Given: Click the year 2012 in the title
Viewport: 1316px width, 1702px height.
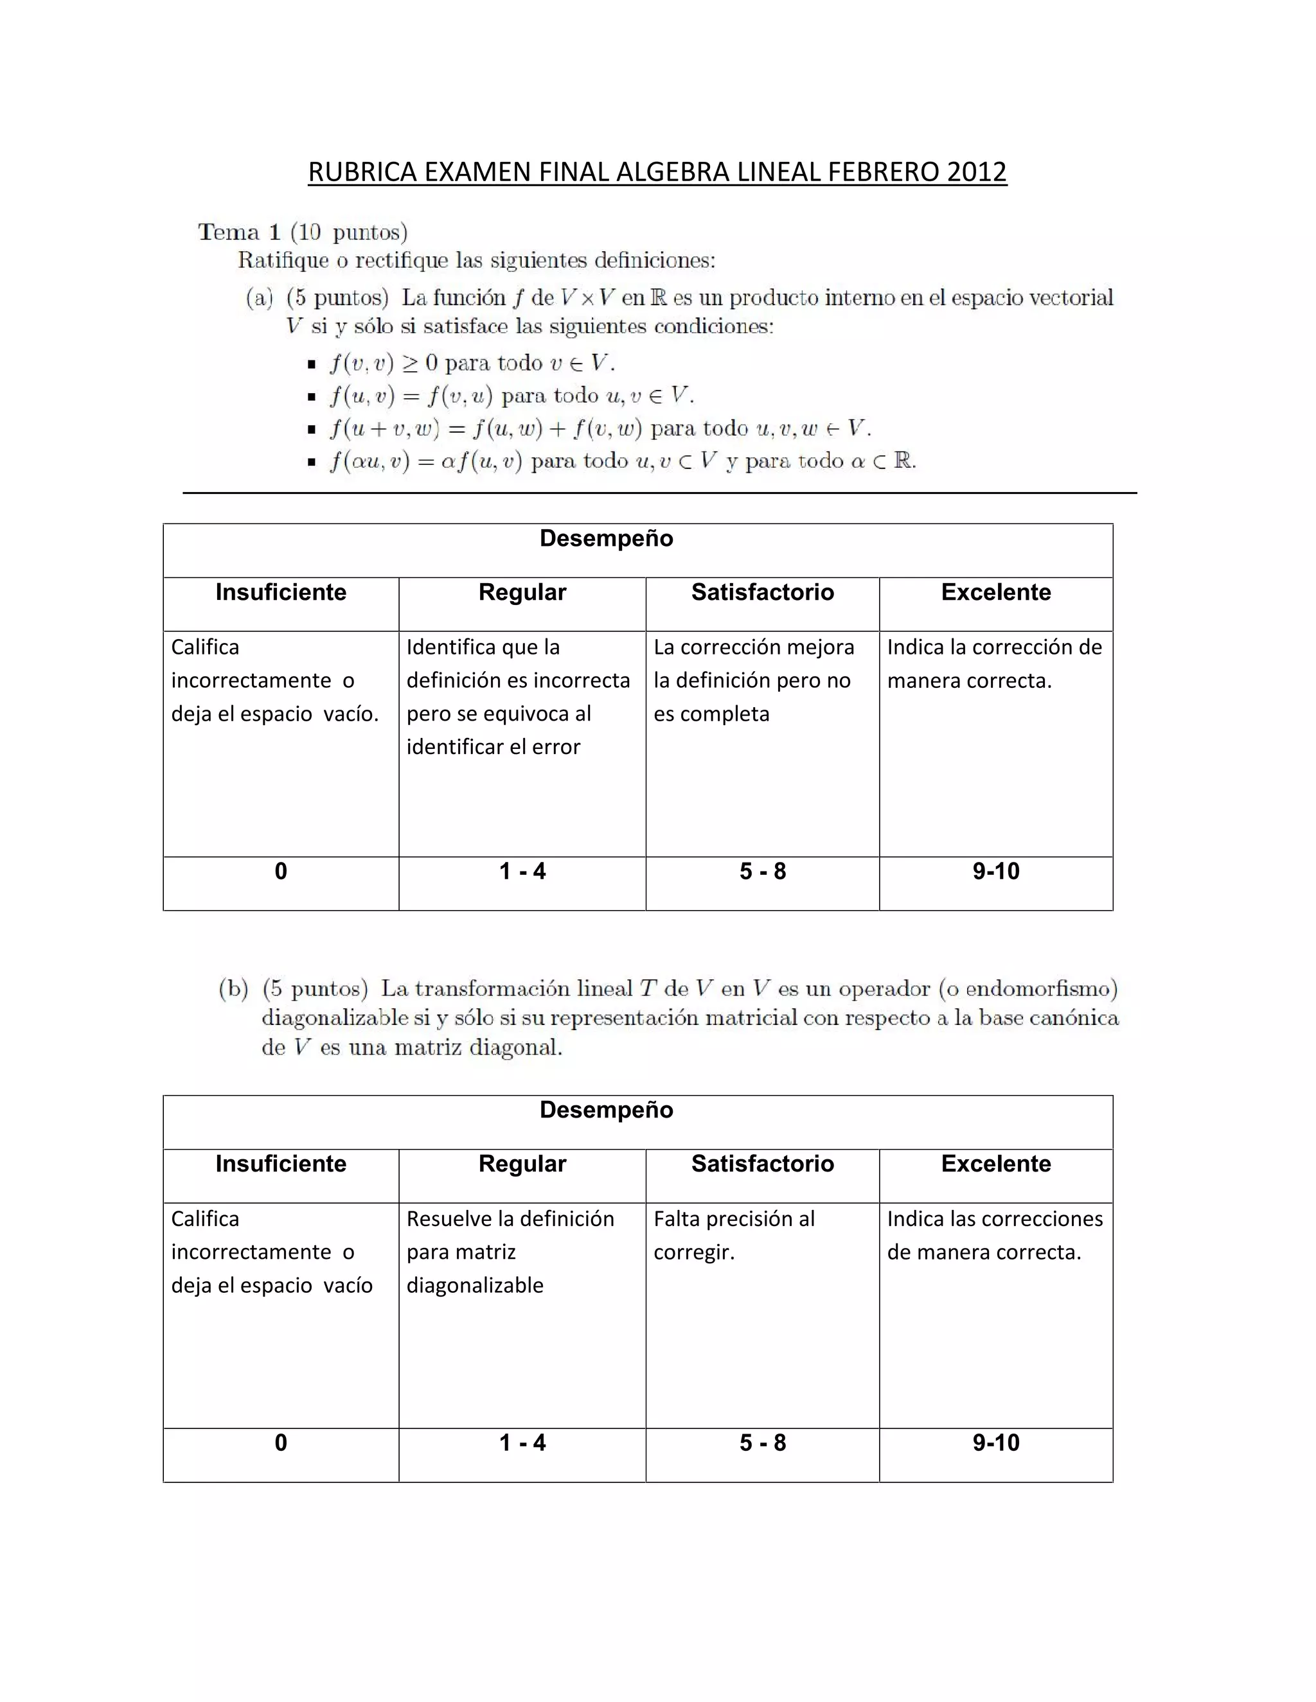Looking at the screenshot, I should click(x=977, y=171).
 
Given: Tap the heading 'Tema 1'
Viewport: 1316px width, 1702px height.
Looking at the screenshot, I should click(x=238, y=232).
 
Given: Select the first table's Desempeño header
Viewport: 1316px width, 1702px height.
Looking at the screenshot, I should click(x=606, y=538).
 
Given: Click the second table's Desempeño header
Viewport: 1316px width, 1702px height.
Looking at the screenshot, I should click(x=606, y=1110).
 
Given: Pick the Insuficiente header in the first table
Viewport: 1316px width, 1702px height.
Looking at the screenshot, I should click(x=281, y=592).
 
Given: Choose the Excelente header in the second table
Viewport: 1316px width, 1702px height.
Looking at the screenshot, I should click(x=995, y=1164).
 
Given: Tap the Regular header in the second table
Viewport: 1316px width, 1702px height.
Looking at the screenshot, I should click(x=522, y=1164).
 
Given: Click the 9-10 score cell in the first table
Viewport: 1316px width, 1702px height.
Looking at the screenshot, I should click(x=995, y=872).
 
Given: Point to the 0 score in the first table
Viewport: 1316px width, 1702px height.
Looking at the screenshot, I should click(x=281, y=872).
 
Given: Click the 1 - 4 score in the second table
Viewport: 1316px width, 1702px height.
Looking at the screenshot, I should click(x=522, y=1443).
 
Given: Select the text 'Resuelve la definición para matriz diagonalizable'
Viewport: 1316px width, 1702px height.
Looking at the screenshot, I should click(x=510, y=1252).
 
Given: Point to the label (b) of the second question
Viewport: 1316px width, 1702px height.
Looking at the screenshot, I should click(x=233, y=989).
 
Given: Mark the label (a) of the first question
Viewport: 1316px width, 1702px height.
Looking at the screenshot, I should click(x=260, y=298).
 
